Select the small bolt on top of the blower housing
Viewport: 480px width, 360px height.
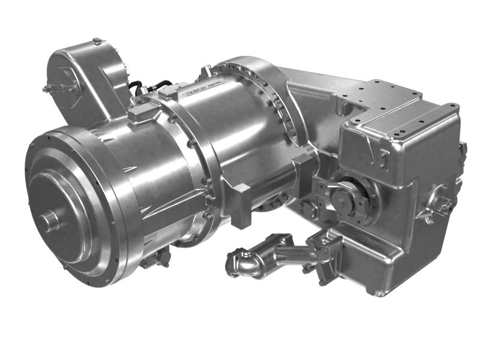coord(97,41)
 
